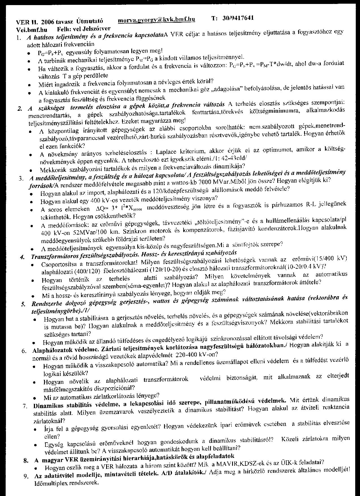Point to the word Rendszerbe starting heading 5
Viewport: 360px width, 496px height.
coord(47,304)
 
